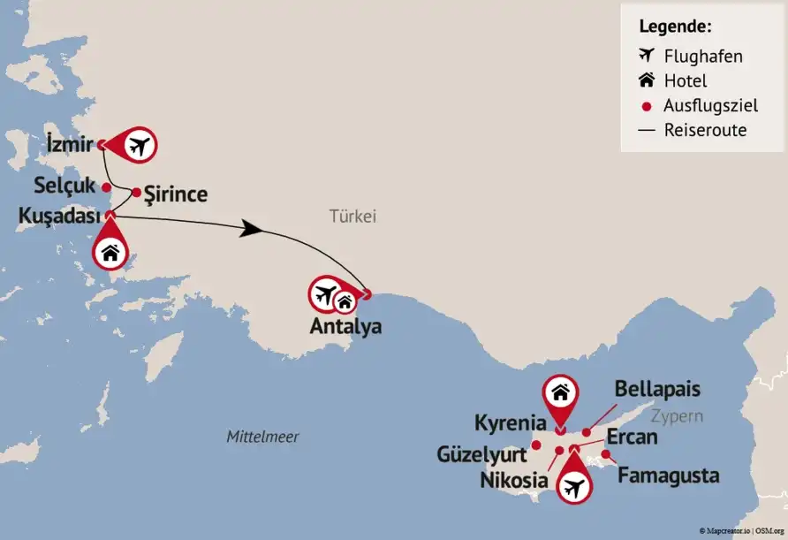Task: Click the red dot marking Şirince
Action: tap(136, 192)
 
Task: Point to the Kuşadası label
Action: tap(58, 216)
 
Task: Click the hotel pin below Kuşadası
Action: tap(110, 252)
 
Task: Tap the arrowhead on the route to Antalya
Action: tap(253, 229)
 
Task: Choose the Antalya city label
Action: tap(345, 326)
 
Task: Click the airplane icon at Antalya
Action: tap(325, 293)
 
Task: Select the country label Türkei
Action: tap(352, 216)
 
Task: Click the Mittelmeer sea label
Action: tap(262, 437)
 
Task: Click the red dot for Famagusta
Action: tap(606, 455)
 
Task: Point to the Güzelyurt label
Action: tap(481, 454)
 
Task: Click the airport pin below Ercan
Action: tap(574, 485)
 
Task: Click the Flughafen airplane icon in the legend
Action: tap(647, 57)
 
